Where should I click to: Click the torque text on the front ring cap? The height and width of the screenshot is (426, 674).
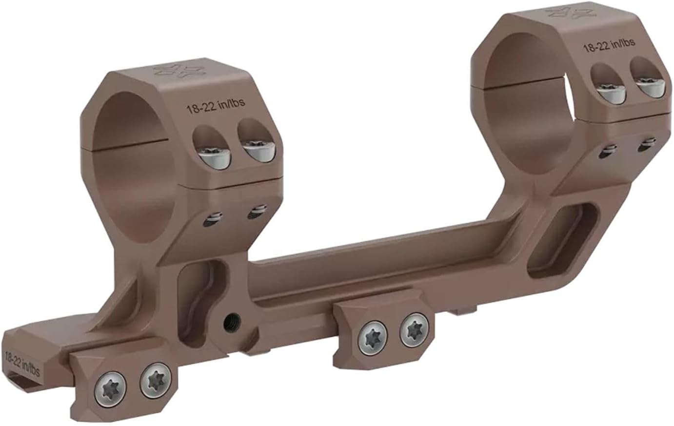(x=215, y=106)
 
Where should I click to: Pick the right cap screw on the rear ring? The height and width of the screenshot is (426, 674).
(x=649, y=87)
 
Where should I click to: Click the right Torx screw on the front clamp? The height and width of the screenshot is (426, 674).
(x=156, y=380)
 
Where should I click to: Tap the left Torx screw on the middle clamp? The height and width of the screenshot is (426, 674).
(x=373, y=338)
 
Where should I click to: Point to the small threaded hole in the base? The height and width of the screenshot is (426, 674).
(x=229, y=322)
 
